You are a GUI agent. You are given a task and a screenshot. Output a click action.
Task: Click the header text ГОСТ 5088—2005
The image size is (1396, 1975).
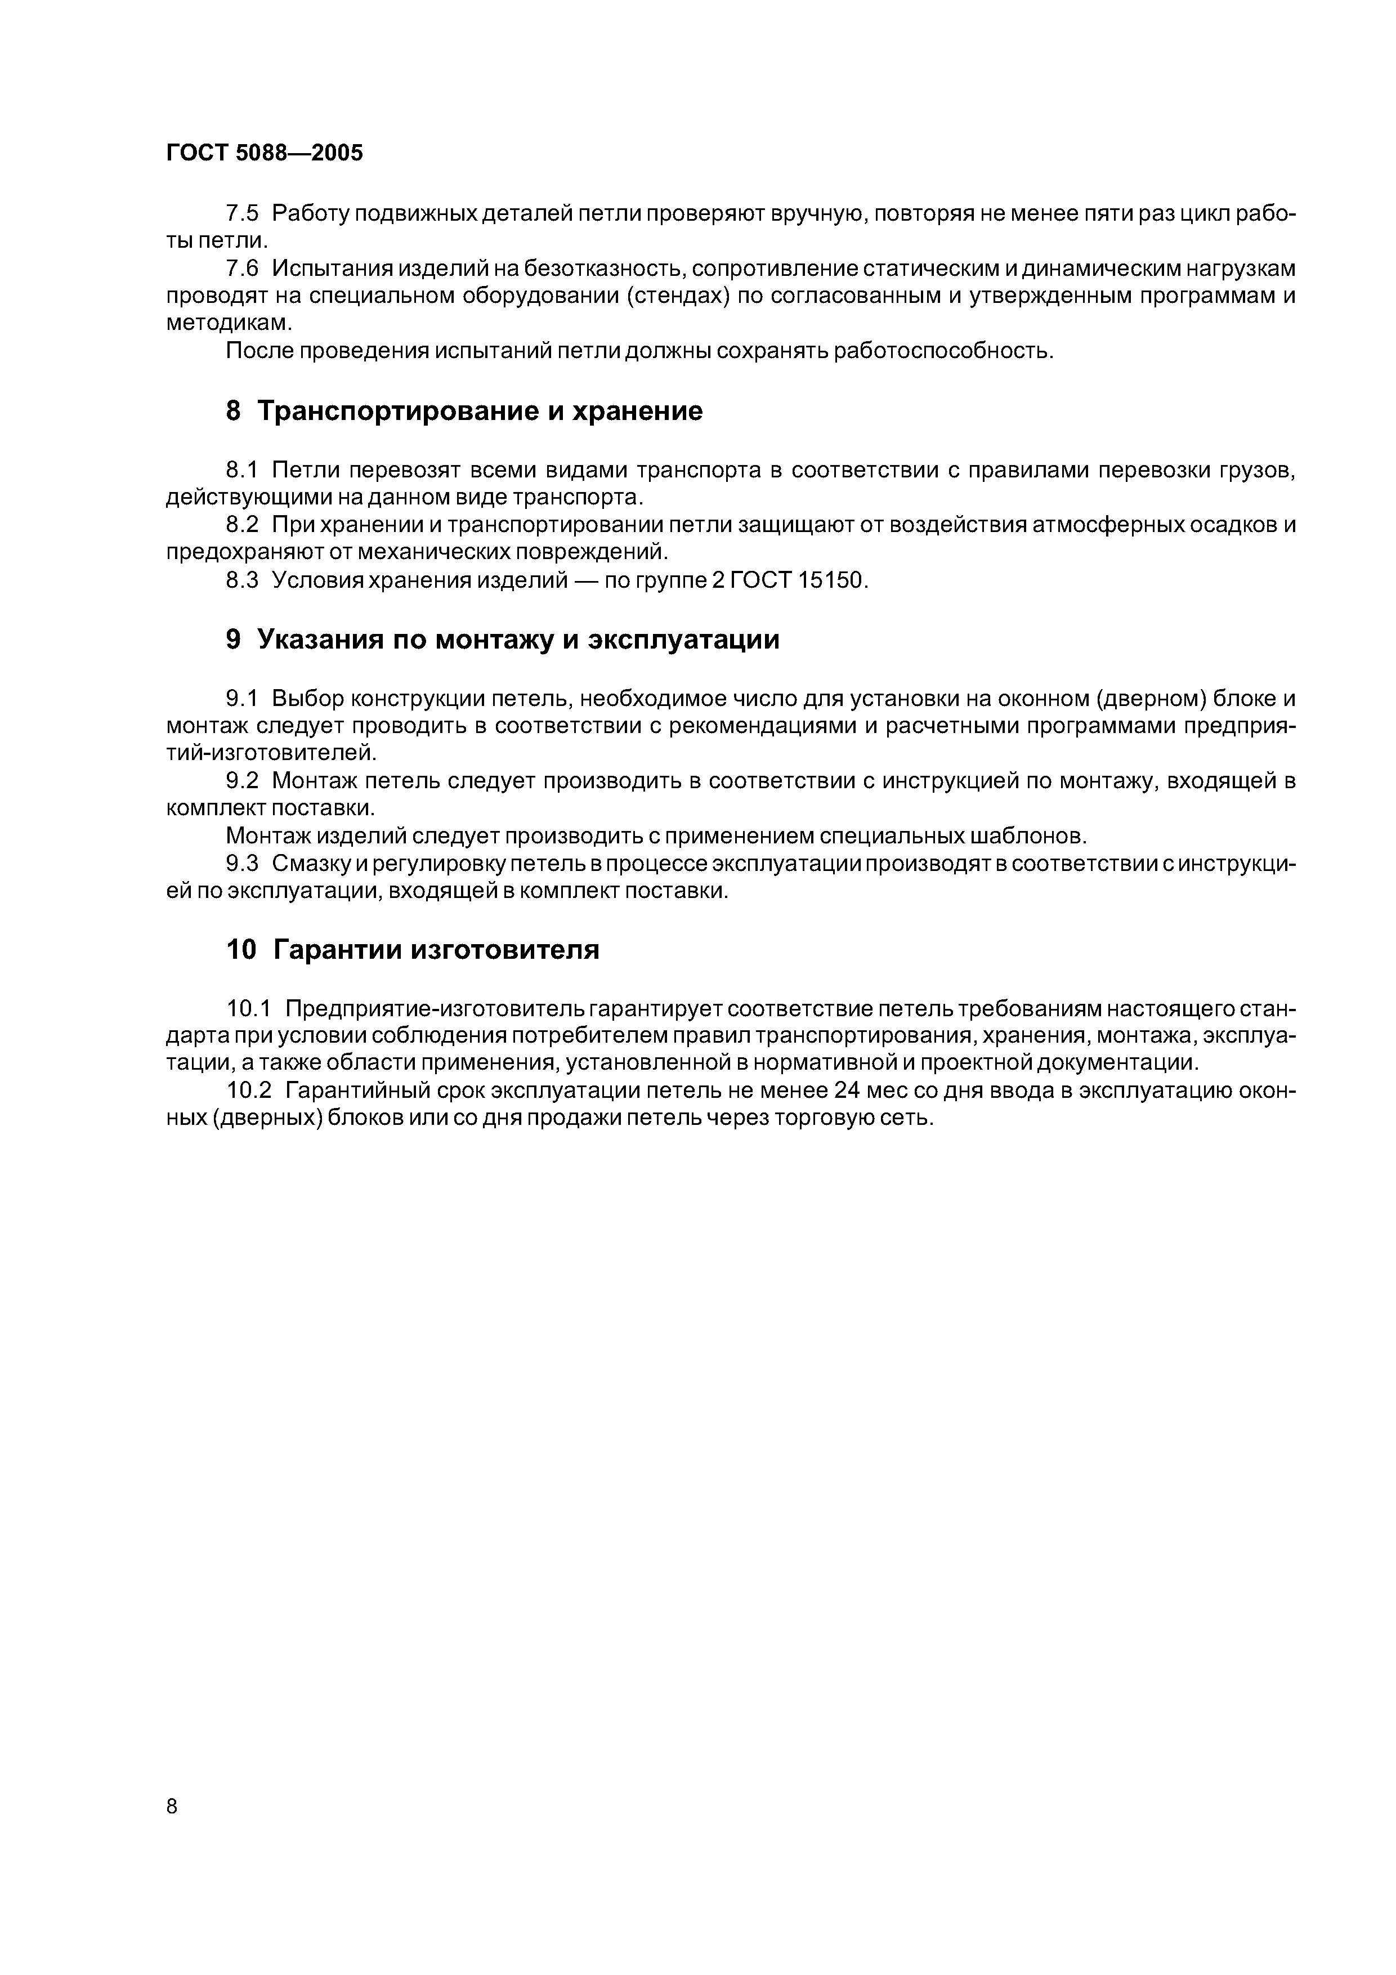tap(264, 153)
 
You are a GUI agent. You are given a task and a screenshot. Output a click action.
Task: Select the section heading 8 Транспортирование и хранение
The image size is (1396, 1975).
tap(464, 411)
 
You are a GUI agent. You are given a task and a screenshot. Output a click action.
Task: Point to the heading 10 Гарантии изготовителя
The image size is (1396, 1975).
tap(412, 950)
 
